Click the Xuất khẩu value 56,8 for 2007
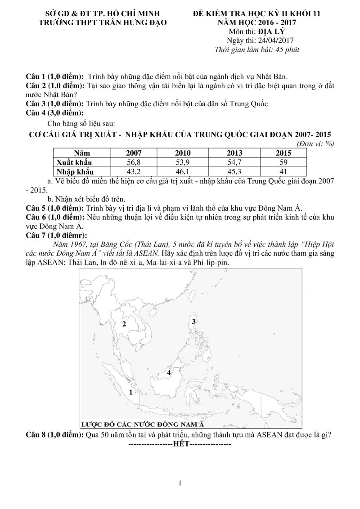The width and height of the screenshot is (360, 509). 134,162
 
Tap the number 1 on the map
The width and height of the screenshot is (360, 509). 130,392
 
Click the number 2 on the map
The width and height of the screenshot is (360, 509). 124,324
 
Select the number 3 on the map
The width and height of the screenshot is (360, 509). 193,321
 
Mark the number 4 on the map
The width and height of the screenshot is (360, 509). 169,373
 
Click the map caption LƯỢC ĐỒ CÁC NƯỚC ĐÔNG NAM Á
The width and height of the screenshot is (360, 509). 143,424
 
